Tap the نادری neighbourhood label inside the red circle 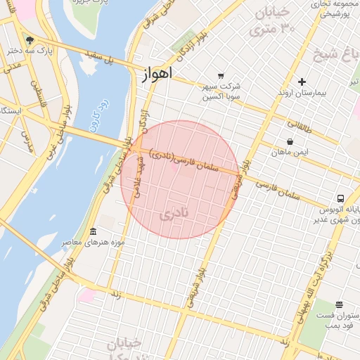(x=174, y=213)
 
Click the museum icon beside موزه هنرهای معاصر (x=93, y=232)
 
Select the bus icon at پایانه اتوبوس (x=340, y=198)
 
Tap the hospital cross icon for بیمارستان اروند (x=302, y=82)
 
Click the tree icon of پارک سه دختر (x=29, y=40)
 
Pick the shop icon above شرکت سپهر (x=221, y=75)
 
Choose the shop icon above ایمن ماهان (x=290, y=141)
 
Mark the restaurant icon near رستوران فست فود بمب (x=340, y=304)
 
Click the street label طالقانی (x=299, y=126)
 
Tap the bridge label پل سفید (x=100, y=58)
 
